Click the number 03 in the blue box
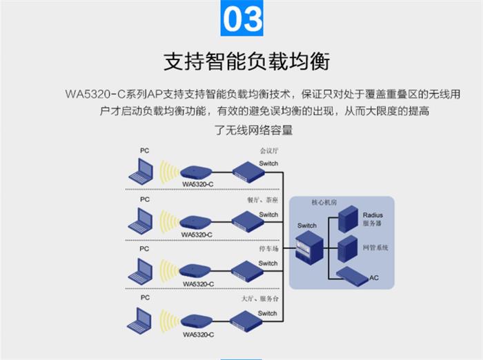click(241, 19)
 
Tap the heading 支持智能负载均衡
click(241, 61)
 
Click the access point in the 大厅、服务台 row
click(196, 322)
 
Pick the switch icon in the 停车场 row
click(248, 271)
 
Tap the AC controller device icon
click(353, 274)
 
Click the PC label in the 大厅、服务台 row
click(144, 298)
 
